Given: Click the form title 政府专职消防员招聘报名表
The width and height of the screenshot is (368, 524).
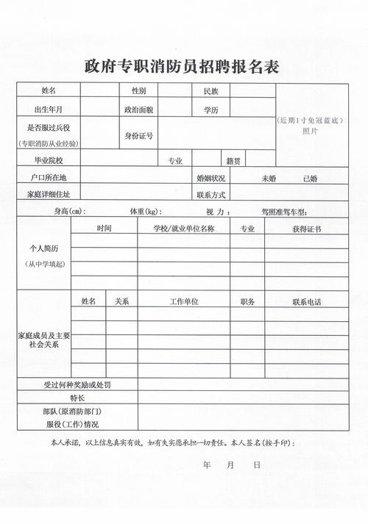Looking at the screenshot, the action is point(182,67).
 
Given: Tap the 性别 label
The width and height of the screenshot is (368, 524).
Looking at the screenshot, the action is point(138,91).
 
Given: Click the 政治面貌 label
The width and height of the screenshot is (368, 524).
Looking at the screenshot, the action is point(138,110).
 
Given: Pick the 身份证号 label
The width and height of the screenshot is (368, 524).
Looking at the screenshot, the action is point(138,136).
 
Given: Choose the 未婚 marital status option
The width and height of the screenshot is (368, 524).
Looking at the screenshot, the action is point(268,178).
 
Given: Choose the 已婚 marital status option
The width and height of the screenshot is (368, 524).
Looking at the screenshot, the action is point(310,178).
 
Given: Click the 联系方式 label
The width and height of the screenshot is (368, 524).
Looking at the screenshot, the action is point(210,195).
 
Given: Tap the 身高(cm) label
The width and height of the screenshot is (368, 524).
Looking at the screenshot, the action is point(70,212).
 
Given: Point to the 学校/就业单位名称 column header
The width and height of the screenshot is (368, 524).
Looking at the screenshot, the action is point(183,229).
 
